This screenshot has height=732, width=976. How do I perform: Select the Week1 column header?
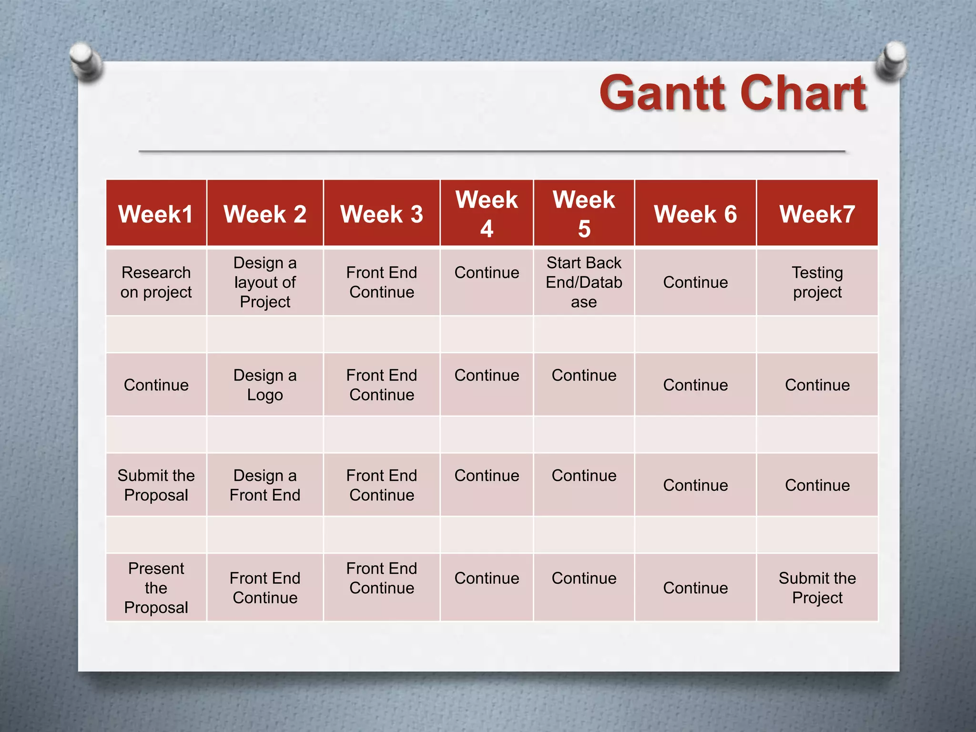click(x=156, y=214)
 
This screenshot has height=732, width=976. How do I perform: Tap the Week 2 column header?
click(x=265, y=214)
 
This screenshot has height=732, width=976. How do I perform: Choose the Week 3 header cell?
click(x=381, y=214)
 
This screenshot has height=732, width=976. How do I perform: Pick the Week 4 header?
click(x=487, y=214)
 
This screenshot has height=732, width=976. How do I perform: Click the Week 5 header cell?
click(x=584, y=214)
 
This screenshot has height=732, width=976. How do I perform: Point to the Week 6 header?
click(x=695, y=214)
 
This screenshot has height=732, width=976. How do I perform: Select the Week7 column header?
click(x=817, y=214)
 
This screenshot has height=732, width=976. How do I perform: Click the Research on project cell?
click(x=156, y=282)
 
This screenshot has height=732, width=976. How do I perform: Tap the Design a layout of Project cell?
click(x=265, y=282)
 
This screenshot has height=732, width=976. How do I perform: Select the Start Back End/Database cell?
click(x=584, y=282)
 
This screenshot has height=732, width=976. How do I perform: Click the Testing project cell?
click(x=817, y=282)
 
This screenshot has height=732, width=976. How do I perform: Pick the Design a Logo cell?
click(x=265, y=385)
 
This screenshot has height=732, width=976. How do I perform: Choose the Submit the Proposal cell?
click(x=156, y=485)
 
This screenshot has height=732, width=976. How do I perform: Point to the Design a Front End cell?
click(x=265, y=485)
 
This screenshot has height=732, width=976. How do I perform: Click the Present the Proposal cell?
click(x=156, y=588)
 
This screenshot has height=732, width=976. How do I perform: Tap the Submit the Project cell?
click(x=817, y=588)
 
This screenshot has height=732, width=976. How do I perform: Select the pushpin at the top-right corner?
click(x=892, y=60)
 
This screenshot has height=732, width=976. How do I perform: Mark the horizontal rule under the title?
click(x=492, y=151)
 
